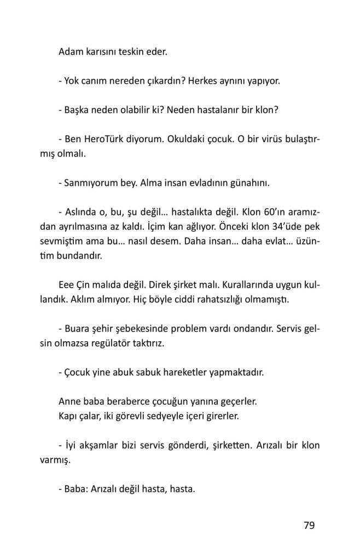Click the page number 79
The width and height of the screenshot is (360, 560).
pyautogui.click(x=309, y=526)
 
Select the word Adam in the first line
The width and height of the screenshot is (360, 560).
pyautogui.click(x=69, y=53)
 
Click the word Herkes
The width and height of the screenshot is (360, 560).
pyautogui.click(x=203, y=82)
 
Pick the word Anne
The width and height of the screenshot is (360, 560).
pyautogui.click(x=68, y=401)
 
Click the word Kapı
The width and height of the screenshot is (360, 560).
pyautogui.click(x=67, y=416)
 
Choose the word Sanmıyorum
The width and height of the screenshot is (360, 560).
pyautogui.click(x=91, y=183)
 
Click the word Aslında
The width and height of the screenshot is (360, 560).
pyautogui.click(x=80, y=212)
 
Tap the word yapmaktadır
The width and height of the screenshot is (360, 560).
pyautogui.click(x=229, y=373)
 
